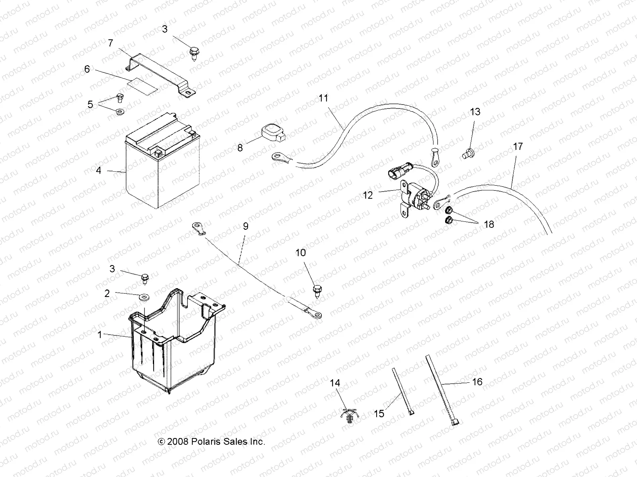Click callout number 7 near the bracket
(110, 43)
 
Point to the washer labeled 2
(142, 297)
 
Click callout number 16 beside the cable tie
(477, 382)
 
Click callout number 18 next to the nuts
(488, 224)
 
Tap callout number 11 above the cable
(323, 98)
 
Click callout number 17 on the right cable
(518, 147)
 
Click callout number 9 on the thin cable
(246, 226)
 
